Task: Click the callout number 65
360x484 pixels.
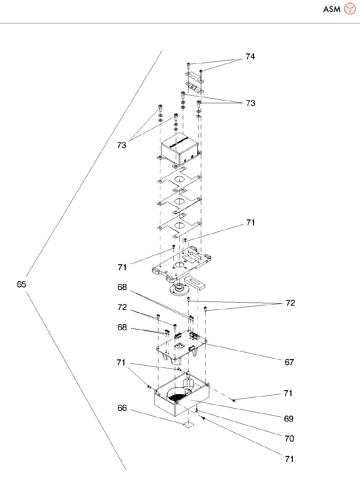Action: click(21, 284)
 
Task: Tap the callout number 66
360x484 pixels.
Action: click(122, 408)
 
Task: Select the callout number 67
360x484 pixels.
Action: click(289, 362)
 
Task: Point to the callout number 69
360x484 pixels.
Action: click(288, 419)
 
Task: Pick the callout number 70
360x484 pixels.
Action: click(289, 439)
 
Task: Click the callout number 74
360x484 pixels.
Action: click(250, 57)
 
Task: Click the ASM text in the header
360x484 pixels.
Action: click(332, 9)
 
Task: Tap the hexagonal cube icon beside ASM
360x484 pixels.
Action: click(350, 9)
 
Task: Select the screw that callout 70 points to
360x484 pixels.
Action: click(197, 411)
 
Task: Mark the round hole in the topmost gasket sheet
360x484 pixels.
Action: click(179, 178)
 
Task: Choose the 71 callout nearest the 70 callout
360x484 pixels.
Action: click(289, 459)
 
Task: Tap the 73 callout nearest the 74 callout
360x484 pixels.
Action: click(250, 103)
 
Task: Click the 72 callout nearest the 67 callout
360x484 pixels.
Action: click(290, 303)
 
